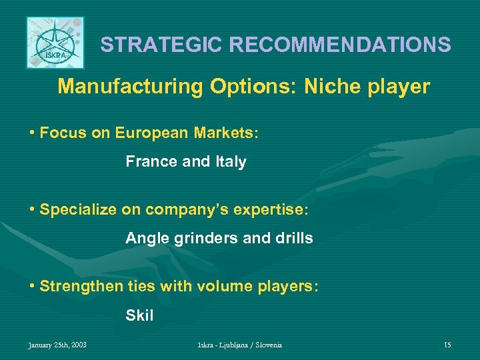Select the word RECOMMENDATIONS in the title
click(x=340, y=45)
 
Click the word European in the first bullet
click(x=147, y=133)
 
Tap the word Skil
click(x=139, y=315)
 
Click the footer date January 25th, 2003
click(x=57, y=345)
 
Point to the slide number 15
click(x=447, y=345)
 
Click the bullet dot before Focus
click(x=32, y=133)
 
